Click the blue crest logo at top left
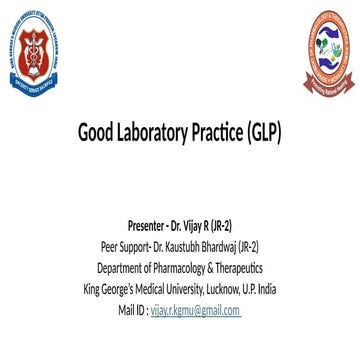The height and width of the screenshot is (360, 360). point(34,55)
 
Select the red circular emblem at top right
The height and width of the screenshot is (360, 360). point(327,54)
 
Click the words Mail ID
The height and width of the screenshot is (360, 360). point(131,311)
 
